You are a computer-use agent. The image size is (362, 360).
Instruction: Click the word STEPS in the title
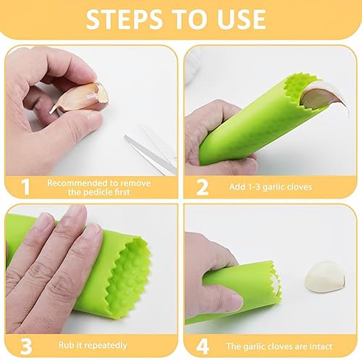point(124,20)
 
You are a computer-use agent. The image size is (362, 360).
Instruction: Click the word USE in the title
point(242,20)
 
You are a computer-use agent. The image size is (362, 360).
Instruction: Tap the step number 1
point(25,187)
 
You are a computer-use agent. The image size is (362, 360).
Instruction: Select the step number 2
point(202,187)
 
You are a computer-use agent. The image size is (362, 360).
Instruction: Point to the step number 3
point(26,346)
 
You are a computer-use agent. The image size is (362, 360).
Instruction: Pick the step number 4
point(203,346)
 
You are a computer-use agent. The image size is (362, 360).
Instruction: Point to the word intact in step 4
point(321,346)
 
